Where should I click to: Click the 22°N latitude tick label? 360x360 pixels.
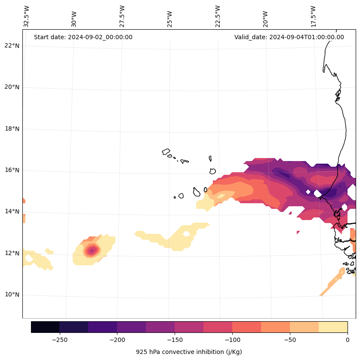click(11, 46)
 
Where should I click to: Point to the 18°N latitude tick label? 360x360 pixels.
click(11, 129)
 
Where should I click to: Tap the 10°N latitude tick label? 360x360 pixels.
click(11, 295)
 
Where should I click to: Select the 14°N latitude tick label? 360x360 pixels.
click(11, 211)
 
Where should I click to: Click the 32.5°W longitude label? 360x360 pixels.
click(27, 16)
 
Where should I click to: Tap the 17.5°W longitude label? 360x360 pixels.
click(313, 16)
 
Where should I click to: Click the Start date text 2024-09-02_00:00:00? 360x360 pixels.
click(83, 37)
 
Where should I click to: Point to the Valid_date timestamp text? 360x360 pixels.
click(289, 37)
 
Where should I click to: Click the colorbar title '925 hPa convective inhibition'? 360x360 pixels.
click(189, 352)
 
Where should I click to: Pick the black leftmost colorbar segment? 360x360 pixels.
click(45, 327)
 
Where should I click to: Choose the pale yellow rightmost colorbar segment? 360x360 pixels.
click(333, 327)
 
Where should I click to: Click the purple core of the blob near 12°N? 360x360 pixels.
click(91, 250)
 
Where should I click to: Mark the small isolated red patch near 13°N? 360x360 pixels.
click(298, 233)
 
